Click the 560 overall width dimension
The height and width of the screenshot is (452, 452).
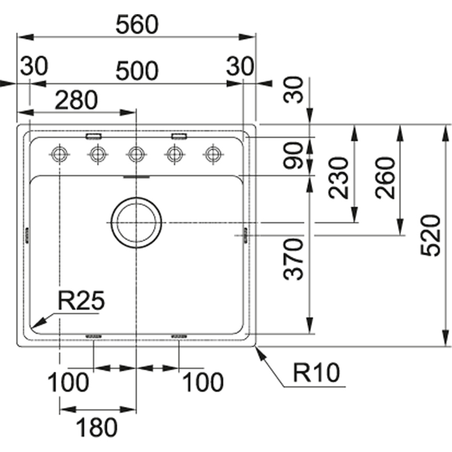(x=137, y=24)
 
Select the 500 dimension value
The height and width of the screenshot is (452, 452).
(x=137, y=71)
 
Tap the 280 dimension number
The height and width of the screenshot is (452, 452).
(x=77, y=100)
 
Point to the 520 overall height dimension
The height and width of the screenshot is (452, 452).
(x=431, y=235)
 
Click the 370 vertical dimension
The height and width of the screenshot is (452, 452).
(x=294, y=259)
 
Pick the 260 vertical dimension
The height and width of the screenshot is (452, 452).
(x=386, y=177)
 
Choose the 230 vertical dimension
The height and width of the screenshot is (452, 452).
(x=340, y=177)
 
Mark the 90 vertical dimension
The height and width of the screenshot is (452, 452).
(x=294, y=156)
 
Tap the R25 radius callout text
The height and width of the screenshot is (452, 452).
(x=81, y=301)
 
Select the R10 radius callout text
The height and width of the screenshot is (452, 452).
(x=316, y=373)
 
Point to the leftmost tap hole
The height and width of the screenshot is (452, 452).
(x=59, y=154)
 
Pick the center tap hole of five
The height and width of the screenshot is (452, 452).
(x=136, y=154)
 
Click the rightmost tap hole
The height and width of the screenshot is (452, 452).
(x=212, y=154)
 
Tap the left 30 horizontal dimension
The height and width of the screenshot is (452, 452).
(x=35, y=67)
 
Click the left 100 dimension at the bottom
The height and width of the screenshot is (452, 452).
(x=68, y=383)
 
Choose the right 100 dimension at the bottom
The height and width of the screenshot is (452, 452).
(x=203, y=383)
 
